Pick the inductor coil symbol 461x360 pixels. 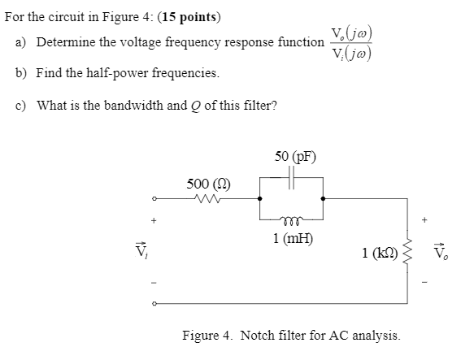pos(292,219)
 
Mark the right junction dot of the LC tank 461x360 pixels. pos(324,198)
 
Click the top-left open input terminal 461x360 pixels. pos(153,198)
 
